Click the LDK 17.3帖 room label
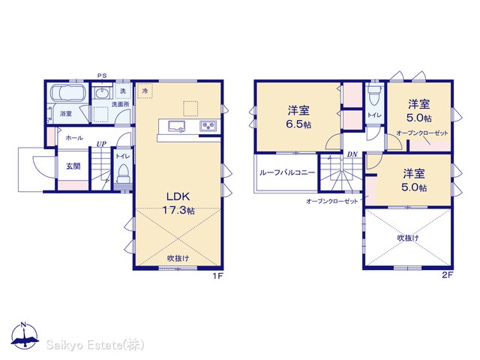click(178, 203)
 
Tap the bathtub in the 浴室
click(67, 92)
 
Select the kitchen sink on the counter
click(177, 127)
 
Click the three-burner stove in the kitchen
click(208, 126)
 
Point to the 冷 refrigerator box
click(145, 90)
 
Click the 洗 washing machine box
click(123, 91)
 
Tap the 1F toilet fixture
click(123, 174)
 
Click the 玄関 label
click(73, 166)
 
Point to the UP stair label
click(101, 144)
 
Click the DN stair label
click(352, 154)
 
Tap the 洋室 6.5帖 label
click(298, 117)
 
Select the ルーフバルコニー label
click(287, 172)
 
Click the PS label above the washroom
click(102, 76)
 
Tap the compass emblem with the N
click(25, 335)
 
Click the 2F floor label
click(447, 275)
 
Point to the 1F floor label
click(218, 276)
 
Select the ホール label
click(74, 138)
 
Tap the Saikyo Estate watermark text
click(95, 345)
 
